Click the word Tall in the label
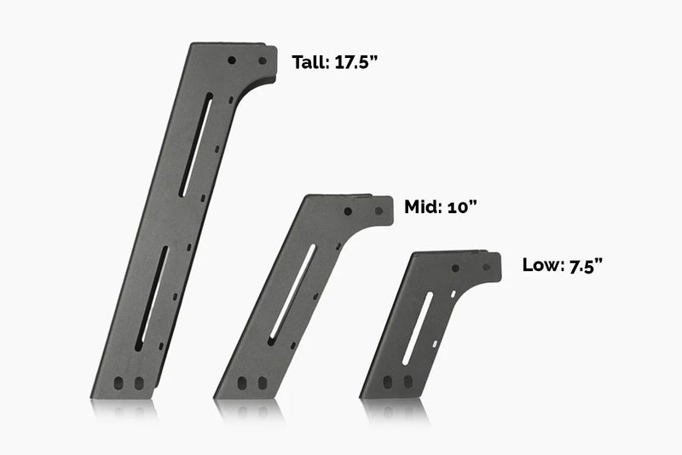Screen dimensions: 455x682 [x=307, y=62]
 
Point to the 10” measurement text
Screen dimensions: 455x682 [x=460, y=206]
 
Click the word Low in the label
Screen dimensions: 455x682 [x=540, y=265]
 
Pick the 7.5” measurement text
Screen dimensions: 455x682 [x=584, y=265]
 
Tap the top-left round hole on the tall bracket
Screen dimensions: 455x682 [x=232, y=60]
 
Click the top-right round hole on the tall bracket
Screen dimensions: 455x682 [x=262, y=61]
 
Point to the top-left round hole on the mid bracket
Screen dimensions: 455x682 [x=348, y=210]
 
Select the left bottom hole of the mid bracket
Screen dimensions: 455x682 [x=244, y=383]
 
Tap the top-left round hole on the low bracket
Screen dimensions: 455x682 [x=456, y=268]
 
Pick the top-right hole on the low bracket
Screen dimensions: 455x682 [x=486, y=267]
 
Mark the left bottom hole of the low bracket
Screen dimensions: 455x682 [x=390, y=381]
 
